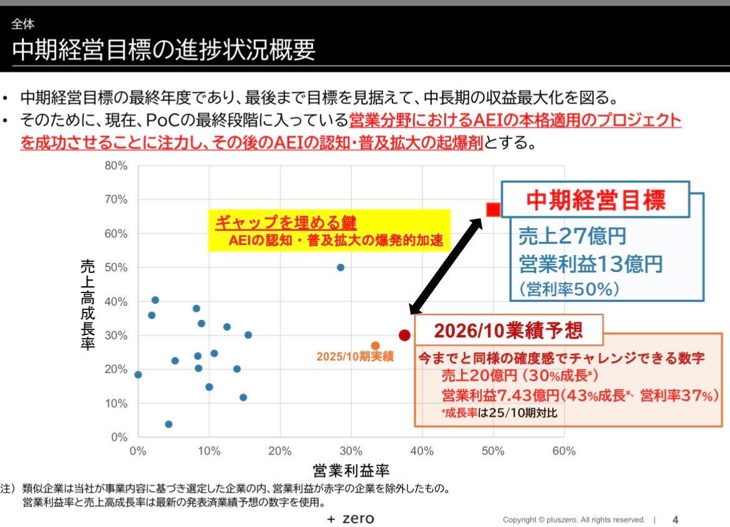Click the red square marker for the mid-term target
click(x=493, y=210)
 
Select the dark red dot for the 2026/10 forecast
click(x=404, y=335)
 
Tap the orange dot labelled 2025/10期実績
click(x=375, y=346)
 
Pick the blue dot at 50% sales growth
click(x=341, y=268)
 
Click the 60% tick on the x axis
click(x=563, y=451)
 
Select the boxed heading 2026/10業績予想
click(x=508, y=330)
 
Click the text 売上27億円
click(x=572, y=236)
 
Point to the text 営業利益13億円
click(x=590, y=264)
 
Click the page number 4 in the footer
click(x=675, y=520)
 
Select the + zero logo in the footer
click(x=351, y=519)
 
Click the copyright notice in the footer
click(x=574, y=520)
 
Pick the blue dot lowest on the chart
click(x=168, y=424)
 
